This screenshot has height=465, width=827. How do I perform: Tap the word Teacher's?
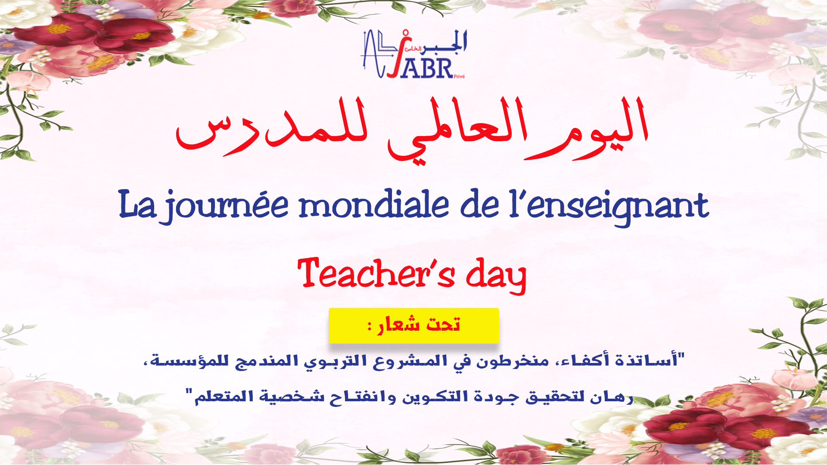click(x=376, y=273)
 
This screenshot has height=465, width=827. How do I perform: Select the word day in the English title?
click(x=496, y=276)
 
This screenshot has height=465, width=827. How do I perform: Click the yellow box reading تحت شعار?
click(x=414, y=325)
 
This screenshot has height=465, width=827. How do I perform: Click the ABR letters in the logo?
click(x=426, y=68)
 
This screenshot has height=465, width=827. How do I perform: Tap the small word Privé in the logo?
click(x=459, y=77)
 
